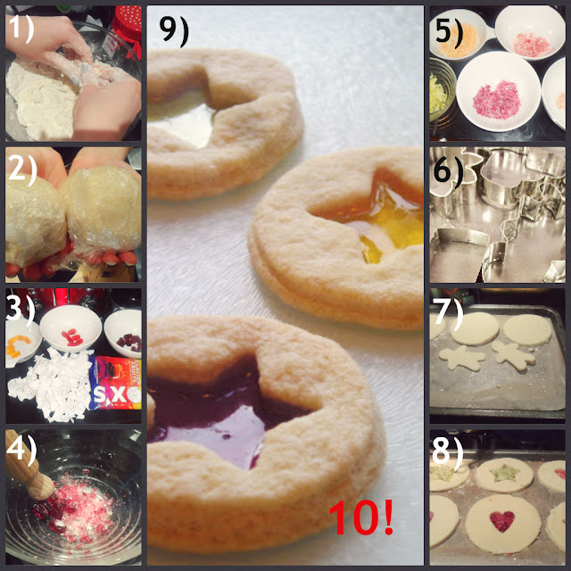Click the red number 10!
coord(360,517)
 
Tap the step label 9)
coord(174,30)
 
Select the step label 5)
coord(449,32)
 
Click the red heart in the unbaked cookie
coord(502,521)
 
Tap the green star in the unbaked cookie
coord(504,473)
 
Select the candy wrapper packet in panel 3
coord(116,383)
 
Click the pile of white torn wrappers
coord(51,386)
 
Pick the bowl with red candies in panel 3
coord(70,328)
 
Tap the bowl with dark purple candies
coord(124,333)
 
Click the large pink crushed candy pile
coord(498,100)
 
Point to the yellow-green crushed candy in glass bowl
coord(437,94)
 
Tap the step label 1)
coord(21,28)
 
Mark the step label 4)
coord(21,451)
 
